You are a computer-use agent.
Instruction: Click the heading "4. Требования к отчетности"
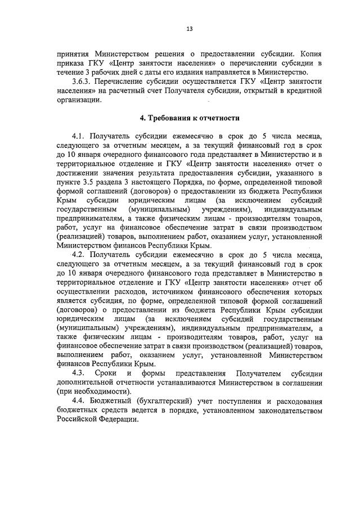(x=190, y=118)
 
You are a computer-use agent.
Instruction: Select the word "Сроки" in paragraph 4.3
(x=105, y=373)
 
